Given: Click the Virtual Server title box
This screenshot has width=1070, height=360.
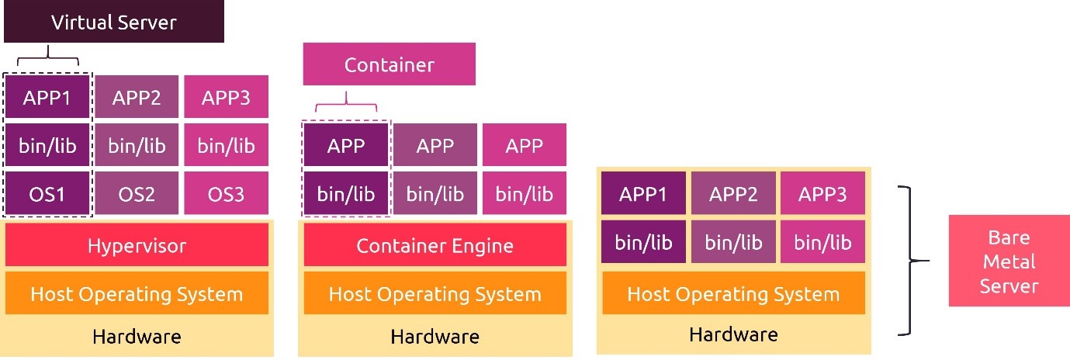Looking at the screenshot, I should pyautogui.click(x=114, y=22).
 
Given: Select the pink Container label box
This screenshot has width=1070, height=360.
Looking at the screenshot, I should pyautogui.click(x=389, y=64).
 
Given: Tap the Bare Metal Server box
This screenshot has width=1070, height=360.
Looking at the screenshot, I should pyautogui.click(x=1009, y=261).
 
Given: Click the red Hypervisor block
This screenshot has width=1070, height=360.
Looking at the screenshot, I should pyautogui.click(x=137, y=246).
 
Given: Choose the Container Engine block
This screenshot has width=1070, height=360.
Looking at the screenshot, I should pyautogui.click(x=435, y=246).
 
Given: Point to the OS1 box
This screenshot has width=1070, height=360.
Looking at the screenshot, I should pyautogui.click(x=48, y=193).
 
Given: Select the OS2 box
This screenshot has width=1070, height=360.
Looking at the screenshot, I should pyautogui.click(x=137, y=193).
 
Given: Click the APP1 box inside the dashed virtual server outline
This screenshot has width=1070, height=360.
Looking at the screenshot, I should pyautogui.click(x=48, y=98).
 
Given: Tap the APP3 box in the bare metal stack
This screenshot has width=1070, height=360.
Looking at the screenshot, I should pyautogui.click(x=822, y=194).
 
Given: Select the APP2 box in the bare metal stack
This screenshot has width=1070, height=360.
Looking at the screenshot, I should pyautogui.click(x=733, y=194).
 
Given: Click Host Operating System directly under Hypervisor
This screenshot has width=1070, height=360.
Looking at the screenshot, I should pyautogui.click(x=137, y=294).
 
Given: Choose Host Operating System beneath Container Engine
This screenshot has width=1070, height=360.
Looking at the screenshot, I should pyautogui.click(x=435, y=294).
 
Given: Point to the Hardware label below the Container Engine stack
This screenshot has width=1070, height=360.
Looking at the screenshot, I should pyautogui.click(x=435, y=337).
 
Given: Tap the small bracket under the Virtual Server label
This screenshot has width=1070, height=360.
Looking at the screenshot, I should pyautogui.click(x=48, y=57).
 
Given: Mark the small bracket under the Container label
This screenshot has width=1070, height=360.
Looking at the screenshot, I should pyautogui.click(x=346, y=102).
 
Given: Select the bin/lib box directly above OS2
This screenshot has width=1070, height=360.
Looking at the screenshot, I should pyautogui.click(x=137, y=145).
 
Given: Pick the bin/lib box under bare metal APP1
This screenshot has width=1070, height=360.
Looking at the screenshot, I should pyautogui.click(x=643, y=242).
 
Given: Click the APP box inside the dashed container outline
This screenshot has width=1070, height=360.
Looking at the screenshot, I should pyautogui.click(x=346, y=145).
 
